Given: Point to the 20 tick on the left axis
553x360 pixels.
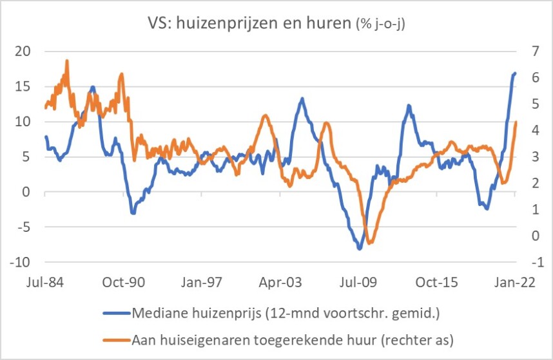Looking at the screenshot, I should tap(23, 52).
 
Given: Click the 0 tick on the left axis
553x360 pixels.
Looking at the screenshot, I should tap(26, 192).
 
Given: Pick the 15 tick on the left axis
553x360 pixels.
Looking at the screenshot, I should tap(23, 86).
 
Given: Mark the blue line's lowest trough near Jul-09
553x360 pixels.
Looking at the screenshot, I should tap(360, 249).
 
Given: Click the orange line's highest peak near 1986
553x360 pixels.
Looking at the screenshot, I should tap(66, 61).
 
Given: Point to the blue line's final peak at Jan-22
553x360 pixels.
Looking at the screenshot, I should tap(515, 73).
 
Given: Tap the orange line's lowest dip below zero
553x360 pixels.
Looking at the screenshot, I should tap(369, 243).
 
